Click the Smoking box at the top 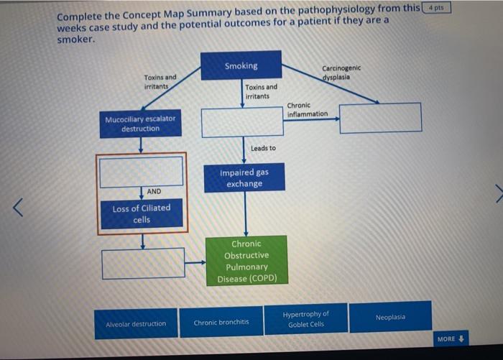point(241,65)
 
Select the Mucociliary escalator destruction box point(140,124)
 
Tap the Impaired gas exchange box point(244,177)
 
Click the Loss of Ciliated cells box point(142,213)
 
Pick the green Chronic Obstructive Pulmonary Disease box point(246,261)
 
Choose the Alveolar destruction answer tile point(136,323)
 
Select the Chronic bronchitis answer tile point(221,322)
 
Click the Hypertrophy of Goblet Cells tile point(305,318)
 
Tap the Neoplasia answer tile point(390,317)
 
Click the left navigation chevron point(21,208)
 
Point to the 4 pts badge point(435,8)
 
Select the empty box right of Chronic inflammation point(380,118)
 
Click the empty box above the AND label point(142,171)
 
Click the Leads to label point(263,148)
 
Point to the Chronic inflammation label point(308,109)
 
